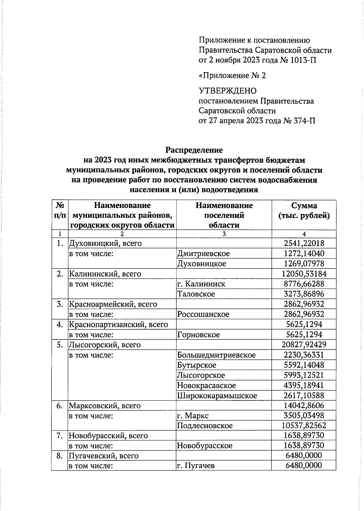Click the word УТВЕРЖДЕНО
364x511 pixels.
tap(227, 91)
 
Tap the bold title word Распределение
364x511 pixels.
tap(194, 150)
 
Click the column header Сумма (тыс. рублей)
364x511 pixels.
tap(304, 211)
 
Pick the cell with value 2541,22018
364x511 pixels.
tap(304, 243)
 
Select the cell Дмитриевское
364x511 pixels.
tap(204, 253)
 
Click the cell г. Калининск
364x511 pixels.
tap(201, 284)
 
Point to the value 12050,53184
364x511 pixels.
tap(304, 274)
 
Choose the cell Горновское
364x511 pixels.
tap(198, 335)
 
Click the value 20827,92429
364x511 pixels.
tap(304, 345)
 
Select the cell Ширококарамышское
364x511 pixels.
tap(217, 396)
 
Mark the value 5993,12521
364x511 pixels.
tap(304, 375)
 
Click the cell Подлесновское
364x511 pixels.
tap(205, 426)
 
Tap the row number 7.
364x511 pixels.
tap(59, 436)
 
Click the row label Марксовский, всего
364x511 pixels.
tap(105, 406)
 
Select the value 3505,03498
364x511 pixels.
tap(304, 416)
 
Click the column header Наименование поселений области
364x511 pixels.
tap(224, 215)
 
